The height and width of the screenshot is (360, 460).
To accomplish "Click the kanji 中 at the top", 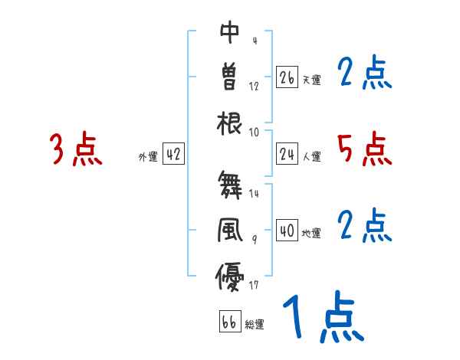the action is (230, 32).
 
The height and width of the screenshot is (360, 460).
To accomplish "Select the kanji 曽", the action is (230, 77).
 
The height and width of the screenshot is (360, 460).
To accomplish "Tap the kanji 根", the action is (230, 123).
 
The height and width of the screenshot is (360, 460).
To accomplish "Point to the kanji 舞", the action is (230, 185).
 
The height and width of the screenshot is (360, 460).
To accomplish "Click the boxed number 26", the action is (287, 77).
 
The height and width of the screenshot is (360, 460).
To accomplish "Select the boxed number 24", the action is (287, 155).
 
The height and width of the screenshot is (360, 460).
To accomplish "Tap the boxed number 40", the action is (287, 231).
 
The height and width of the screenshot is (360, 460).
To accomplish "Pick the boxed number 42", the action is (173, 155).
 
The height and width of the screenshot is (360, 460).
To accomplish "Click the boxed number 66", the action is (229, 322).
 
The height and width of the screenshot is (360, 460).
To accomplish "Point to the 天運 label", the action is (311, 80).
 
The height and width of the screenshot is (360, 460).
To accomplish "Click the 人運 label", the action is (311, 157).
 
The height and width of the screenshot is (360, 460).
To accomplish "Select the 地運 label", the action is (311, 233).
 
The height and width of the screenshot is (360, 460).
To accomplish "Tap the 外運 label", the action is (147, 157).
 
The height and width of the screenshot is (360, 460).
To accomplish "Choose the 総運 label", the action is (255, 324).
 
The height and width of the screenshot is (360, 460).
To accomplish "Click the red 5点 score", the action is (364, 149).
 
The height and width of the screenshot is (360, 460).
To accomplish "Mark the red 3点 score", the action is (76, 150).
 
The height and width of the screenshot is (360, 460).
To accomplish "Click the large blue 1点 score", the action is (322, 318).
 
